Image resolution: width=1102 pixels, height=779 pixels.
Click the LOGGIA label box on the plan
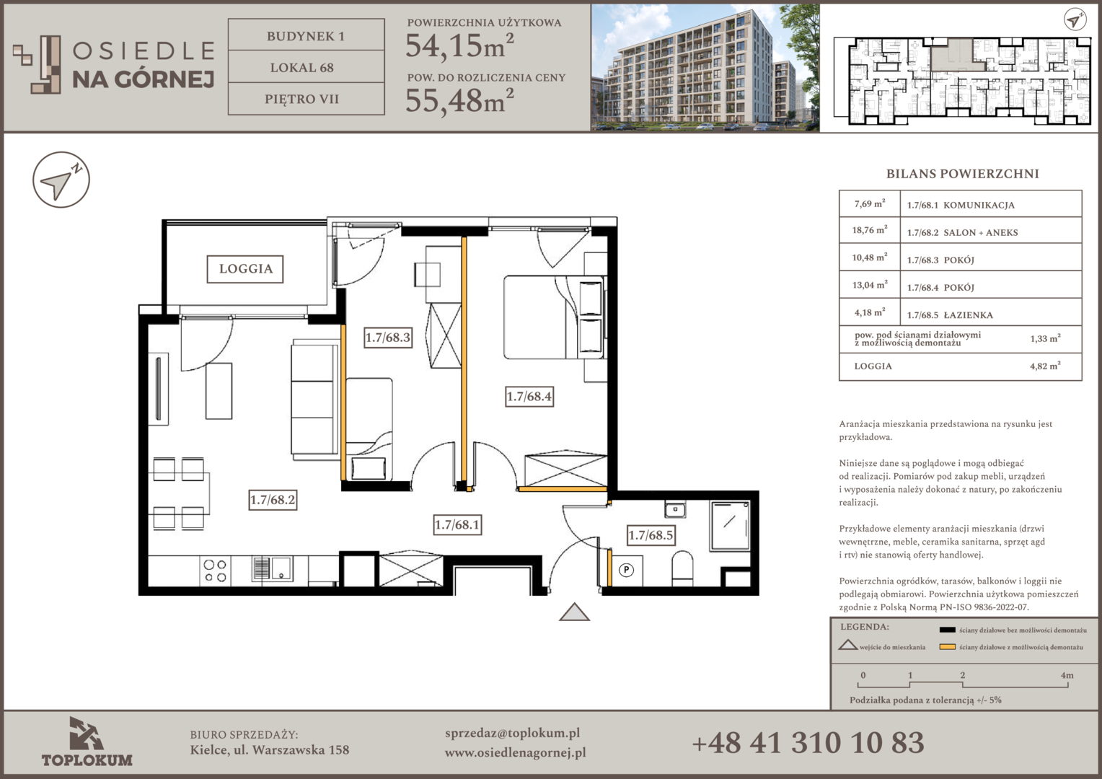click(x=245, y=269)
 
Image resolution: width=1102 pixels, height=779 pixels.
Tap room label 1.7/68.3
click(x=388, y=338)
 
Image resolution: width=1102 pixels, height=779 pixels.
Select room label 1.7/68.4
click(x=529, y=396)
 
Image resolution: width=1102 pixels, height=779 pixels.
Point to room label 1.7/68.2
click(x=273, y=500)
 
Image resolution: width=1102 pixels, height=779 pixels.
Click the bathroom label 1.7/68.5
click(x=651, y=535)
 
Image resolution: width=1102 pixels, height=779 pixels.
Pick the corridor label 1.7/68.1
click(x=457, y=524)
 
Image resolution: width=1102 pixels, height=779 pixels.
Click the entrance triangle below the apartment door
click(x=574, y=612)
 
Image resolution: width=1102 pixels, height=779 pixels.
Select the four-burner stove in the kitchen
click(x=215, y=571)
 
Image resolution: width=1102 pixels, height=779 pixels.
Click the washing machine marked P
click(x=626, y=571)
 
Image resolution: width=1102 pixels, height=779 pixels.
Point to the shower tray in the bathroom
click(x=730, y=526)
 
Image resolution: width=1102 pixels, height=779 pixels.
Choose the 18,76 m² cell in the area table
click(x=869, y=230)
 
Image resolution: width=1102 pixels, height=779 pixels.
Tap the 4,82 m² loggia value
click(x=1045, y=366)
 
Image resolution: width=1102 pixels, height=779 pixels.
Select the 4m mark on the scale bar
click(x=1067, y=675)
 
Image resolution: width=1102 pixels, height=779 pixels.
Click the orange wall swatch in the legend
click(x=947, y=646)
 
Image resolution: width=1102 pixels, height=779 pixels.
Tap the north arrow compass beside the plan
click(x=61, y=180)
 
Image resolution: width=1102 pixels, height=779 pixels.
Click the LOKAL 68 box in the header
click(x=306, y=67)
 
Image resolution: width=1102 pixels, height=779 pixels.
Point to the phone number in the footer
click(x=808, y=742)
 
